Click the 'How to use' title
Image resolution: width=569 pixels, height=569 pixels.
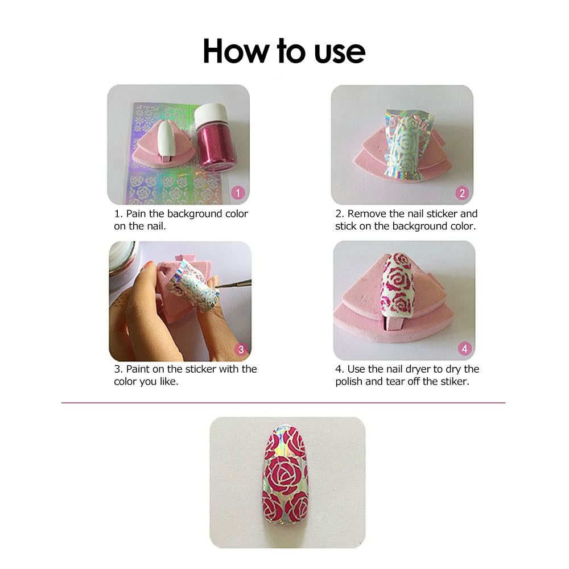coord(283,51)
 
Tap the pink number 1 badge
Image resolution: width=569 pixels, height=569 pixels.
coord(238,193)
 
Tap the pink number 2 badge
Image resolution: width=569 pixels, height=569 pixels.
coord(461,193)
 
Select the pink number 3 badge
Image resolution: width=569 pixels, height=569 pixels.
coord(240,349)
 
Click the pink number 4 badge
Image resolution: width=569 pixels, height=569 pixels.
coord(464,348)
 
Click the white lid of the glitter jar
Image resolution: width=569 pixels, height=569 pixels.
coord(211,114)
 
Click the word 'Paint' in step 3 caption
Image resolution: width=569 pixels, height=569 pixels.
coord(138,369)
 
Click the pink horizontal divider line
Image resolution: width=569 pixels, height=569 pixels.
coord(283,403)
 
